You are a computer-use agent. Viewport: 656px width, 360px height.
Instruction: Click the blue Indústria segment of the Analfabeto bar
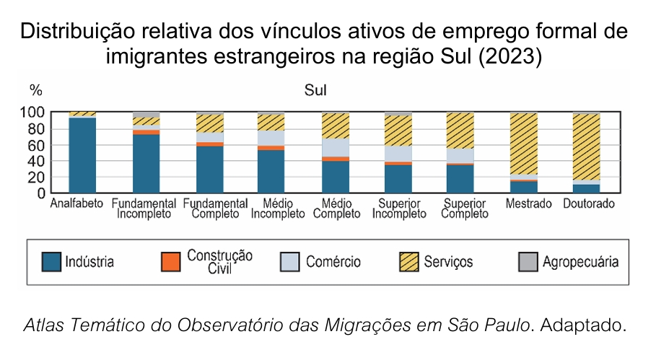pos(82,155)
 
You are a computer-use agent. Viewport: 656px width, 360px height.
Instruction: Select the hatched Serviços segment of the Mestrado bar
pos(524,144)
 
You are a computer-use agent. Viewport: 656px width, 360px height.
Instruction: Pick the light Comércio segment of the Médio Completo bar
pos(335,147)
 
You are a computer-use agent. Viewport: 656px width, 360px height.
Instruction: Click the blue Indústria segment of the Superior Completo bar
pos(460,179)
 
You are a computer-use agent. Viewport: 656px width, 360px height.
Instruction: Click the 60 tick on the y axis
pos(36,145)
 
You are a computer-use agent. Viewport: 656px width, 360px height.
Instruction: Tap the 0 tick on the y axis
pos(40,193)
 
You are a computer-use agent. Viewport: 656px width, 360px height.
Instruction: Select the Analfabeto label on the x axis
pos(77,204)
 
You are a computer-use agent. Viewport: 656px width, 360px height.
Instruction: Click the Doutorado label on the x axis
pos(589,204)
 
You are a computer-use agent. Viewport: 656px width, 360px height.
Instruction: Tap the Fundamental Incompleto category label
pos(144,208)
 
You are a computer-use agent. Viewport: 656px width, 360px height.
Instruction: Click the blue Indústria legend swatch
pos(51,262)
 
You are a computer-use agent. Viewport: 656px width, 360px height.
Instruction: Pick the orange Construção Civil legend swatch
pos(170,262)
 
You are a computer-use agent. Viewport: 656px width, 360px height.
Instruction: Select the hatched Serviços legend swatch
pos(408,262)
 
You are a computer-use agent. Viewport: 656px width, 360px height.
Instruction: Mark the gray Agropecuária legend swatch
pos(528,262)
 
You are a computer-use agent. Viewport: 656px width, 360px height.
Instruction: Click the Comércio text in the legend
pos(333,262)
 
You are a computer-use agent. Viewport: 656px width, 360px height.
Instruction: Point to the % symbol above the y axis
pos(35,91)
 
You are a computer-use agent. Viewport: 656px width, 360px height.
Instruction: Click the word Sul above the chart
pos(315,91)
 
